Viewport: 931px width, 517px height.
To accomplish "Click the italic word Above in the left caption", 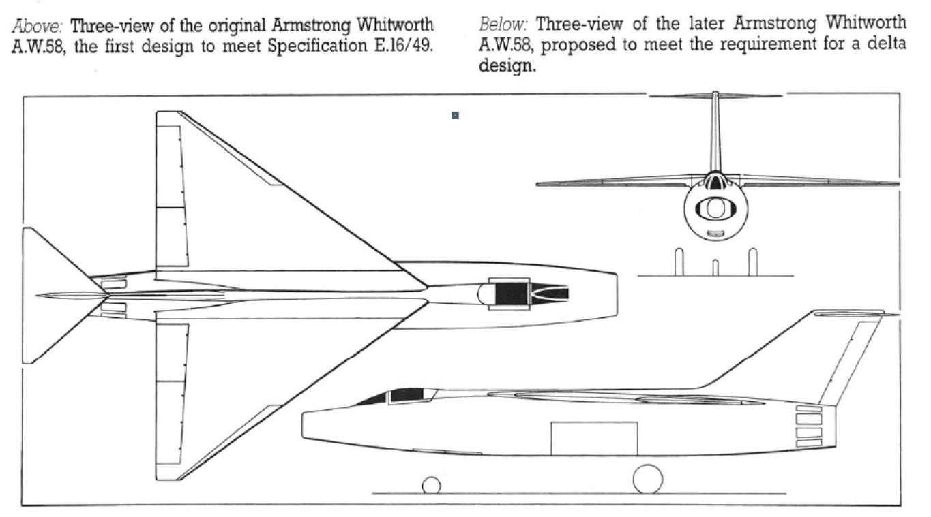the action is (38, 26).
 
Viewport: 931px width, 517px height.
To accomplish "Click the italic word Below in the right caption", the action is (503, 25).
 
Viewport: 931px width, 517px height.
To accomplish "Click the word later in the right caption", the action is (706, 24).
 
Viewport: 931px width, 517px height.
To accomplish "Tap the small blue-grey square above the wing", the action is (455, 115).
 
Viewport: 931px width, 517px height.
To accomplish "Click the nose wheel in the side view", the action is (431, 485).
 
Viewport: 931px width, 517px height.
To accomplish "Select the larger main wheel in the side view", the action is (647, 479).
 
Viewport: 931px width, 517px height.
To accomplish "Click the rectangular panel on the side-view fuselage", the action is (594, 439).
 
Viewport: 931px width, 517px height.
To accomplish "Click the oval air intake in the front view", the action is (715, 208).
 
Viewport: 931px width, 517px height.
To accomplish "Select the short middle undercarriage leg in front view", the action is (715, 268).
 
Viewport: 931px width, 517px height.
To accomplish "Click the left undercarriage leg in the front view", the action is (679, 262).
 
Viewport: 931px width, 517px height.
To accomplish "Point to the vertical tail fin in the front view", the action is (715, 133).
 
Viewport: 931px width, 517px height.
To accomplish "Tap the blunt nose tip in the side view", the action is (303, 425).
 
